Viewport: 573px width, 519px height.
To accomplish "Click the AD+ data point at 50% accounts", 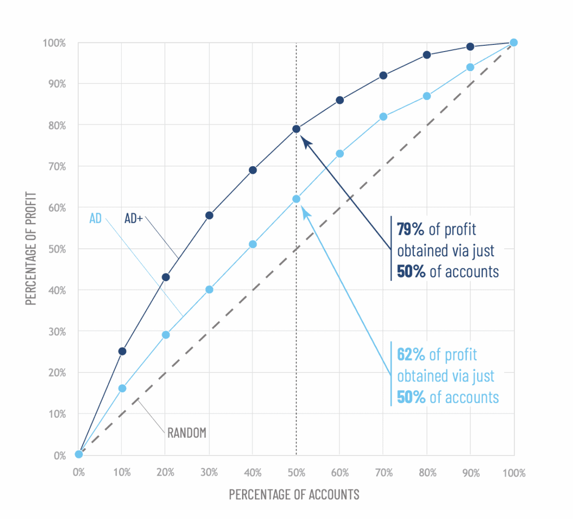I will point(296,129).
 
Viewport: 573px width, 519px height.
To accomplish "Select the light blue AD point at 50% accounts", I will point(296,199).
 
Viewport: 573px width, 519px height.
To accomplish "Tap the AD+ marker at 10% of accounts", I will point(122,351).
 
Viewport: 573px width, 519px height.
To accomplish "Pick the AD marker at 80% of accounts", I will point(427,96).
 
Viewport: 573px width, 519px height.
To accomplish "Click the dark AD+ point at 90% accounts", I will point(470,46).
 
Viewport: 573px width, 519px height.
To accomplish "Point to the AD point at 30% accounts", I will point(209,289).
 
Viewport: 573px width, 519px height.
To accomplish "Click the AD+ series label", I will point(134,218).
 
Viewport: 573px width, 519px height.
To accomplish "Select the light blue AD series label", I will point(95,218).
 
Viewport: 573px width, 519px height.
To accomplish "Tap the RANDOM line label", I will point(187,433).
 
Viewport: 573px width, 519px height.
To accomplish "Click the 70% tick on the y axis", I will point(57,167).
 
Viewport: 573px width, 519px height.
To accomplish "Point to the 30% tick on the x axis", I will point(209,473).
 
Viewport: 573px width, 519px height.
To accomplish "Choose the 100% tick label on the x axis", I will point(514,473).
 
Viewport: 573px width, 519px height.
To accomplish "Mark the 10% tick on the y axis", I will point(57,414).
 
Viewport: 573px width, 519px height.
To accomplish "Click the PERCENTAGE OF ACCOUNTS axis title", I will point(294,494).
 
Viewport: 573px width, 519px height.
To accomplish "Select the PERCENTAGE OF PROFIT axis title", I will point(31,248).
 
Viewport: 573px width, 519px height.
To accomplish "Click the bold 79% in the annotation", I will point(411,229).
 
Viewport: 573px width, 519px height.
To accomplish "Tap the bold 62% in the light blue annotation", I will point(411,355).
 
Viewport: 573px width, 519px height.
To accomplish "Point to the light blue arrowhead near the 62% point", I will point(305,210).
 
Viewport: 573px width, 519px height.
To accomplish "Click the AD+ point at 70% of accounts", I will point(383,75).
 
